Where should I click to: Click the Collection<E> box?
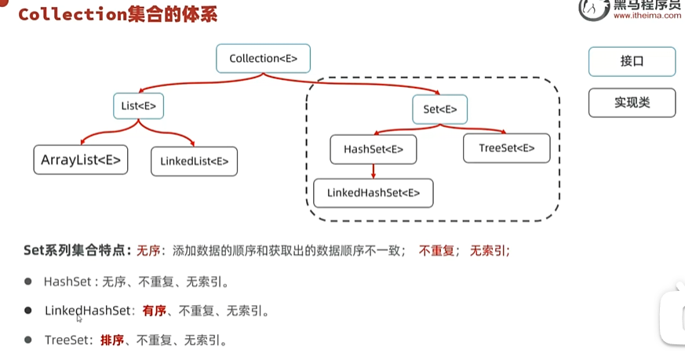pos(263,59)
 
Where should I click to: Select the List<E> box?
pos(138,104)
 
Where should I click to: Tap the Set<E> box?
pos(439,109)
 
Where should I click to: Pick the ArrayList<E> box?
pos(80,159)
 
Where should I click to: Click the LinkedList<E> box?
pos(194,161)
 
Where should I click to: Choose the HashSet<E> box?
pos(373,149)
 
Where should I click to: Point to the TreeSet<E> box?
pos(506,147)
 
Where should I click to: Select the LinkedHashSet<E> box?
pos(373,192)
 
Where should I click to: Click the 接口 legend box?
pos(632,61)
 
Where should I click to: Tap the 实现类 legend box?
pos(632,103)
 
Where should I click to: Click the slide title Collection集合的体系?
pos(118,14)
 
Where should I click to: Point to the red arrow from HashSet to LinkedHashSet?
pos(373,171)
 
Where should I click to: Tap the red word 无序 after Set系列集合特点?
pos(148,251)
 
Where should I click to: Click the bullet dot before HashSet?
pos(28,282)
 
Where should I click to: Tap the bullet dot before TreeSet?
pos(28,340)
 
